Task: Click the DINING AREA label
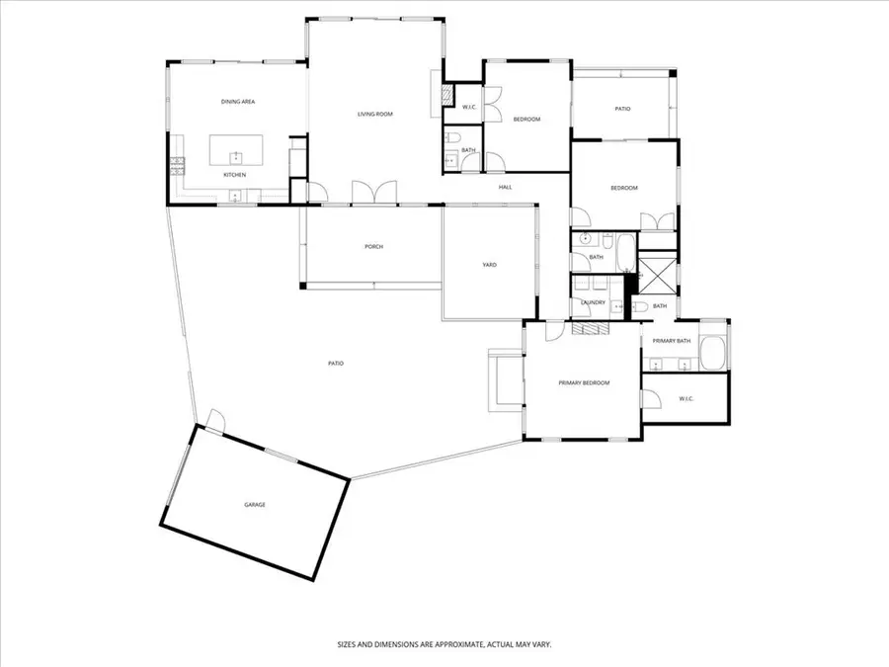click(x=238, y=102)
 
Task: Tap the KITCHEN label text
click(x=235, y=175)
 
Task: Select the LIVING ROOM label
click(x=375, y=115)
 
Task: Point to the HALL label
click(x=505, y=187)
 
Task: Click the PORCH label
click(x=374, y=247)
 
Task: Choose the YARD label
click(x=489, y=265)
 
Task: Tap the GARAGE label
click(x=255, y=505)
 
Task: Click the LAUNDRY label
click(x=593, y=303)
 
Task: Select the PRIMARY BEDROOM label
click(x=584, y=383)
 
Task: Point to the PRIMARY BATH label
click(x=672, y=342)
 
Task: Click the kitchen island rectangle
click(x=236, y=150)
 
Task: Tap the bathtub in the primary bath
click(x=712, y=354)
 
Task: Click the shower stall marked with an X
click(x=657, y=274)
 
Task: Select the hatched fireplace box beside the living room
click(x=447, y=95)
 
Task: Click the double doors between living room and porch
click(x=374, y=193)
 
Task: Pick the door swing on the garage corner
click(x=216, y=420)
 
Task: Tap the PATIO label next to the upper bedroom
click(x=622, y=109)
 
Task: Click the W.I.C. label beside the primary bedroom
click(x=687, y=399)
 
